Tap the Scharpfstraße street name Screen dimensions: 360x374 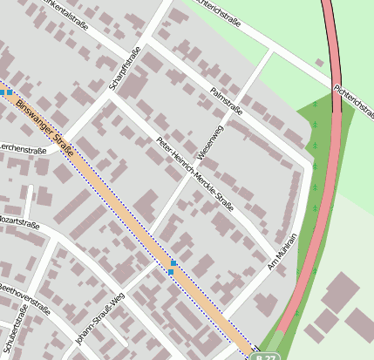click(x=125, y=70)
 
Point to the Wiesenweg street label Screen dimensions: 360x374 click(x=210, y=141)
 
